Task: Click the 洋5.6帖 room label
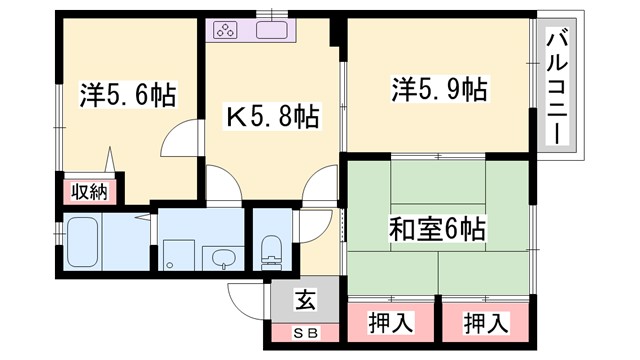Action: (128, 95)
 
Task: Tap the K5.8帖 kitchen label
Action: (270, 119)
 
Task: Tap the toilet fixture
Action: (270, 252)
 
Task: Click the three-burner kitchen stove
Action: (225, 30)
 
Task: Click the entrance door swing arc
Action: (248, 298)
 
